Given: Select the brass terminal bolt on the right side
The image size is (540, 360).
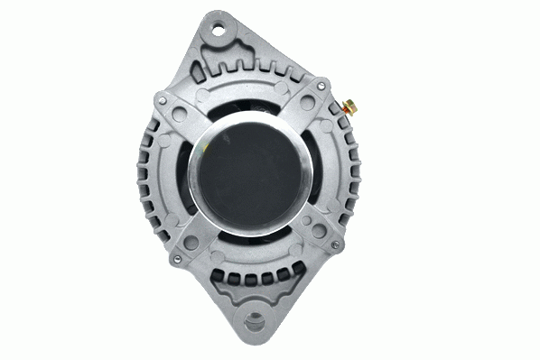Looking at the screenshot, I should (349, 105).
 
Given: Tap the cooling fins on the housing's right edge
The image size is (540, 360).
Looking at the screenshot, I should (351, 171).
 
